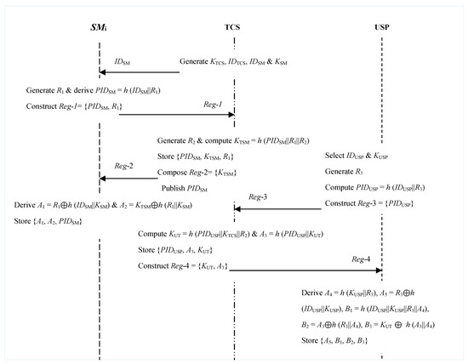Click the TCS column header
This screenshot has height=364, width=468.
[233, 26]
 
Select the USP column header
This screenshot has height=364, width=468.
[382, 26]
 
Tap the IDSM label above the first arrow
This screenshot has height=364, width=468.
[123, 62]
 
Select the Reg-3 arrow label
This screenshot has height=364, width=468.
[258, 196]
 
